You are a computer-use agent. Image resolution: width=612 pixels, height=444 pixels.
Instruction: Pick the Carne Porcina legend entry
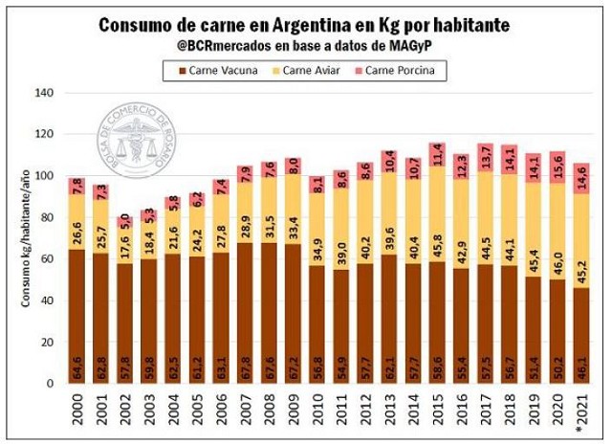(399, 69)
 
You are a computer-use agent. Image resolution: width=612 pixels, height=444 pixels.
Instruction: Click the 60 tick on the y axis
(49, 258)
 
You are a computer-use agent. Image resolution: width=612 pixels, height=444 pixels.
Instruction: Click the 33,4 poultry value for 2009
(293, 227)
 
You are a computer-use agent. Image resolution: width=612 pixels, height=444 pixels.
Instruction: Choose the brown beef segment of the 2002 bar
(125, 316)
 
